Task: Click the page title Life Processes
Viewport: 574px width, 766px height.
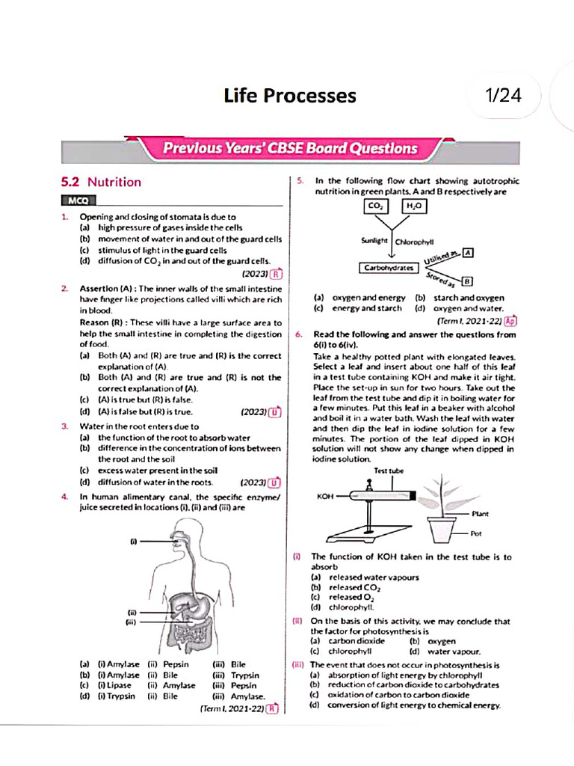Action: [x=290, y=96]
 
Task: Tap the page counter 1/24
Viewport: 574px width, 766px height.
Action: [x=503, y=96]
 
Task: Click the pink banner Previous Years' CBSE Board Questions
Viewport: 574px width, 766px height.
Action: [x=290, y=148]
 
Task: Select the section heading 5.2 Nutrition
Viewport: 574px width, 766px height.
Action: [x=101, y=182]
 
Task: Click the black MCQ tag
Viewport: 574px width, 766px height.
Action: [x=78, y=201]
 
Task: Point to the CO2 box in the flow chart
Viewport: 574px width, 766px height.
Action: [x=374, y=206]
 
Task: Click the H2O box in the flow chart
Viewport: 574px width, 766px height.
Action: [x=415, y=206]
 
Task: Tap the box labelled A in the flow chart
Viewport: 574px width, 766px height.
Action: [x=468, y=254]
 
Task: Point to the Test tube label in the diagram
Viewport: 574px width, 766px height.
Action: [x=389, y=471]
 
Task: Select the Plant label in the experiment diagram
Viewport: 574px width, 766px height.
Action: [x=481, y=514]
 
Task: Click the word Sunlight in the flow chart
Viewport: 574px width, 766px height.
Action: [x=374, y=241]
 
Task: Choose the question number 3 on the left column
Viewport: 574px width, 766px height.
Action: [x=65, y=426]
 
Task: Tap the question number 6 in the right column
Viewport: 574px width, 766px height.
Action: [x=298, y=334]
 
